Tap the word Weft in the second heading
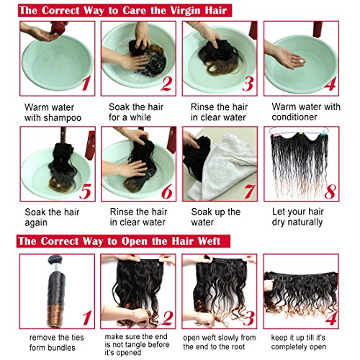[210, 241]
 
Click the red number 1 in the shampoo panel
[86, 84]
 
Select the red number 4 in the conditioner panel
[330, 84]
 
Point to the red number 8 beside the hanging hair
[330, 192]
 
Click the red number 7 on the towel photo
[249, 192]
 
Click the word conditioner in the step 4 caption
[294, 117]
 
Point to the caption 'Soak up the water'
[215, 217]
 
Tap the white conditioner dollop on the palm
[301, 61]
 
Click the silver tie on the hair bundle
[55, 267]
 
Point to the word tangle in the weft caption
[134, 345]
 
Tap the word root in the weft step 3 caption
[237, 346]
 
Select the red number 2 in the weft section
[167, 318]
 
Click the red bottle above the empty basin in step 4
[318, 30]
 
